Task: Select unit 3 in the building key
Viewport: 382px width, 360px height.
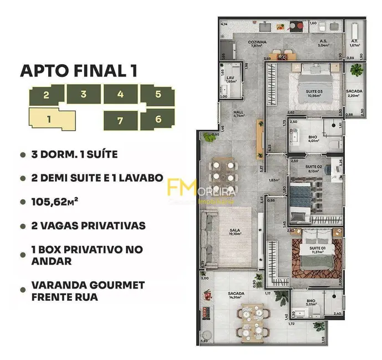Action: pyautogui.click(x=83, y=94)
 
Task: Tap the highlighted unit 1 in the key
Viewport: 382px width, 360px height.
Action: pyautogui.click(x=50, y=119)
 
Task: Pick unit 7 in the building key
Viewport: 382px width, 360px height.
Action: pyautogui.click(x=120, y=120)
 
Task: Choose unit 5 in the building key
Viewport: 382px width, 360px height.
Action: pyautogui.click(x=158, y=94)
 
